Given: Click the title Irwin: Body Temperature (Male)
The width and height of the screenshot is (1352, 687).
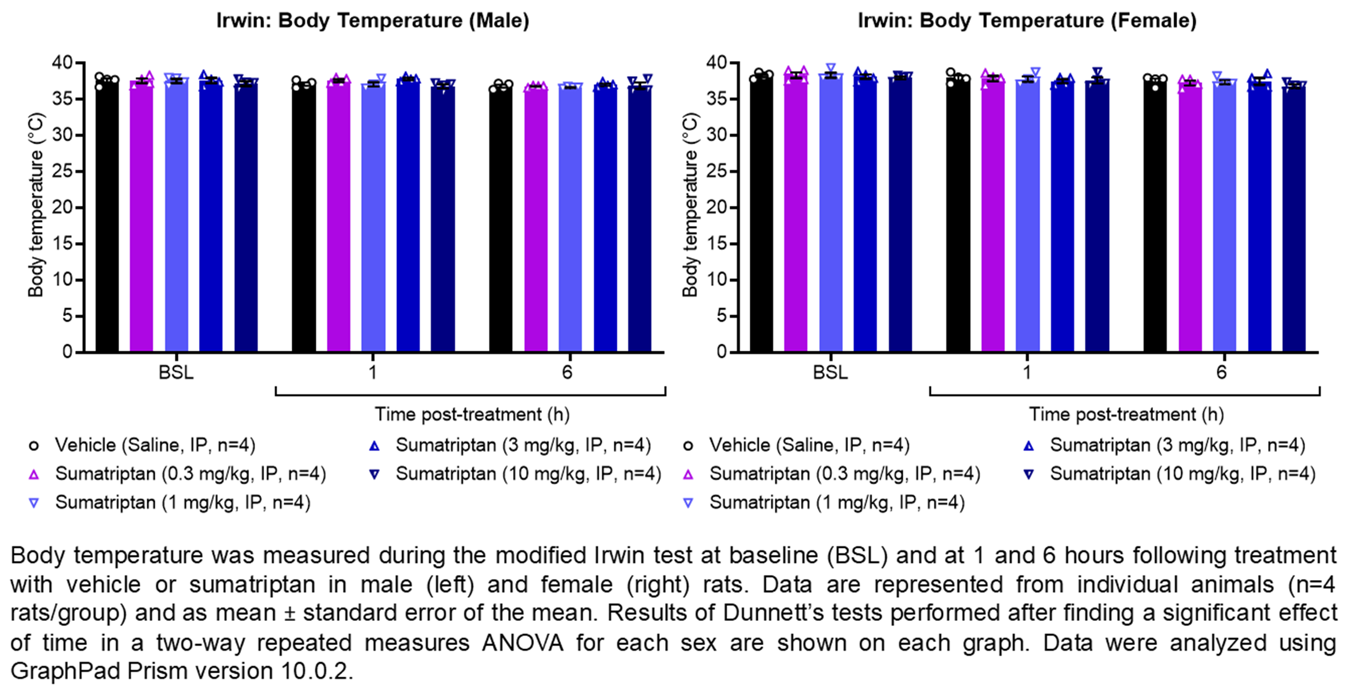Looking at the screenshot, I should [x=372, y=21].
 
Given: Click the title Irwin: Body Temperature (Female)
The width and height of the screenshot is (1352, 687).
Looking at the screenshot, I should [x=1027, y=21].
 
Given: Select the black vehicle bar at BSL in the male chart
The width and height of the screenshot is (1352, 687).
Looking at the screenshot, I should [x=107, y=218].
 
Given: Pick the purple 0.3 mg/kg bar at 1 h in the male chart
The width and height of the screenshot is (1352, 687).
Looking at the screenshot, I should [x=338, y=218].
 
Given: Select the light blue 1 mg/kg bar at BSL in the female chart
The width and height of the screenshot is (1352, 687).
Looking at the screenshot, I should [x=831, y=218].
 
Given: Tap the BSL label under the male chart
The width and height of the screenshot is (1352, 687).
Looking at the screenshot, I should [x=176, y=373].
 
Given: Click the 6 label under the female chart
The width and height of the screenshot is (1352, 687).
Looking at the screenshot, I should [x=1221, y=373].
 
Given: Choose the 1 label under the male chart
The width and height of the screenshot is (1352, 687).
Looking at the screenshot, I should [x=373, y=373].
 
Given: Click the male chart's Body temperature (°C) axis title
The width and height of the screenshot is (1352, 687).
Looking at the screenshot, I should [x=36, y=205].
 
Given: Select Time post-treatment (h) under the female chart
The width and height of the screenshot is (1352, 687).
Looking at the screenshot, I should [x=1126, y=414].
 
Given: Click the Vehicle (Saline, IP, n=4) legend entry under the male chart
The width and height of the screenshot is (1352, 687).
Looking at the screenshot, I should [x=155, y=445].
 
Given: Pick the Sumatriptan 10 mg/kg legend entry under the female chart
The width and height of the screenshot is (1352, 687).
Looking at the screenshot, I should [x=1182, y=474].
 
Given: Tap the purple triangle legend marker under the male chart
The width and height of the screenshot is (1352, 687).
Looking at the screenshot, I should [x=34, y=474].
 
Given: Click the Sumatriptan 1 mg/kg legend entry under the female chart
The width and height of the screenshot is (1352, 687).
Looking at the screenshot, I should [x=837, y=502].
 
